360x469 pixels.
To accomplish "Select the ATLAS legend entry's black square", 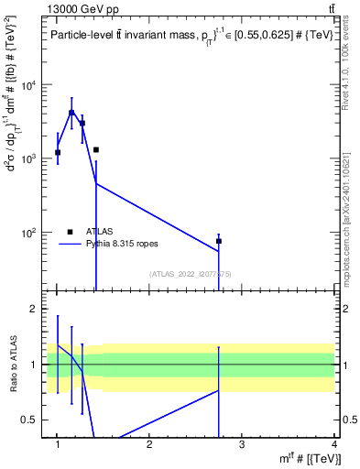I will (x=71, y=232).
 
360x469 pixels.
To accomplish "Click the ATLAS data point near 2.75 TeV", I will (x=219, y=241).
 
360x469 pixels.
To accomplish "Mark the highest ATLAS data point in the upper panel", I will (x=71, y=113).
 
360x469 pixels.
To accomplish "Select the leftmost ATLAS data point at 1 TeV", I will (x=58, y=152).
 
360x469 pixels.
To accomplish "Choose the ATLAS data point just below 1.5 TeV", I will (x=95, y=149).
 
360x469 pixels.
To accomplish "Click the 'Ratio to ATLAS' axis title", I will (x=14, y=365).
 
